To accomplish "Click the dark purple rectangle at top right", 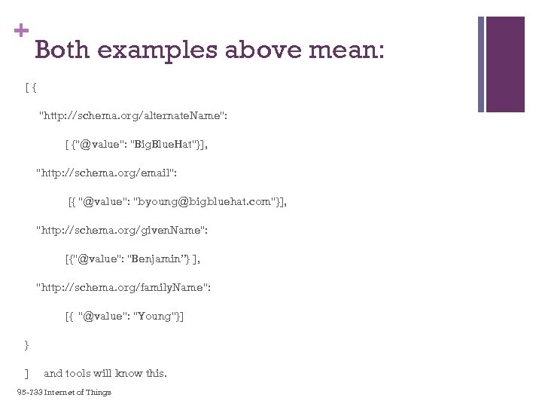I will point(504,63).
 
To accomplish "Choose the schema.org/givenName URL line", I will point(121,230).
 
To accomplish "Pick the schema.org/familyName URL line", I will point(123,287).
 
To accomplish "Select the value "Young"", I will point(153,316).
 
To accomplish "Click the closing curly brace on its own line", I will point(27,344).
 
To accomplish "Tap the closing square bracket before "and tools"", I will point(26,373).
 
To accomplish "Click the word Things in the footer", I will point(99,392).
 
